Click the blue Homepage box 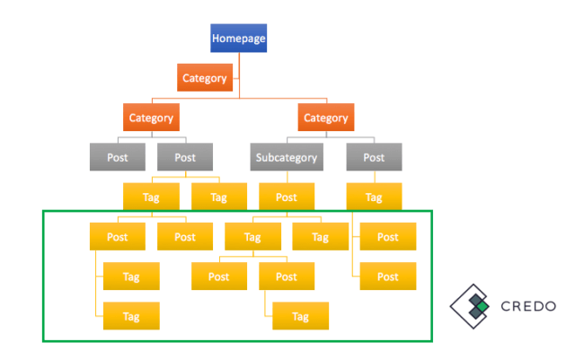(238, 38)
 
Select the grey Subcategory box (287, 157)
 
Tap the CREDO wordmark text (528, 306)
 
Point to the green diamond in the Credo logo (483, 306)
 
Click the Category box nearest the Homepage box (205, 77)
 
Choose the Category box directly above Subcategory (326, 118)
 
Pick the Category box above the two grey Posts (151, 118)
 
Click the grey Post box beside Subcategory (374, 157)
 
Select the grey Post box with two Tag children (185, 157)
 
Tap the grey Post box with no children (118, 157)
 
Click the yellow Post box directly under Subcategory (287, 197)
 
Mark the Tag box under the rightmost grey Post (374, 197)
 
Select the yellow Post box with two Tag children (118, 236)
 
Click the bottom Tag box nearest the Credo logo (301, 316)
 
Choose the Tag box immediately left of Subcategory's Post (219, 197)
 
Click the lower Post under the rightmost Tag (388, 277)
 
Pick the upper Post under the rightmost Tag (388, 236)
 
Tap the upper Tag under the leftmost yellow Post (131, 277)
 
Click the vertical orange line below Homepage (239, 75)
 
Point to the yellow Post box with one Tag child (287, 277)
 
